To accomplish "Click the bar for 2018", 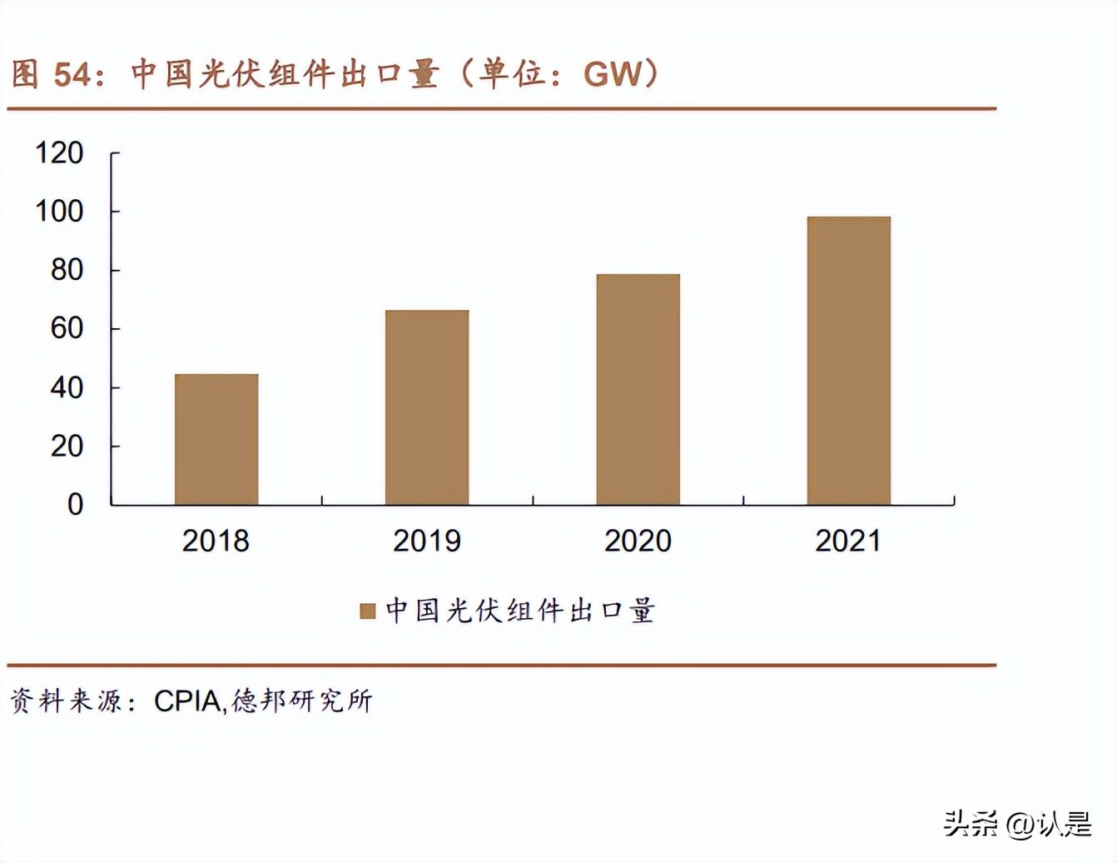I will [x=216, y=439].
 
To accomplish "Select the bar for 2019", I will [x=427, y=407].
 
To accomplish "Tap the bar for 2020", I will [x=638, y=389].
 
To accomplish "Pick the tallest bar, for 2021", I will [x=848, y=361].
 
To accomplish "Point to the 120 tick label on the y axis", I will [x=59, y=153].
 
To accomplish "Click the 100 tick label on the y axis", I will [x=59, y=212].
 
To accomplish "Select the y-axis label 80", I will [x=67, y=270].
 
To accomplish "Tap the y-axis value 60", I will [x=67, y=328].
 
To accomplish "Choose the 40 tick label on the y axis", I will [x=67, y=387].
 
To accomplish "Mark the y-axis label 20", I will [x=67, y=446].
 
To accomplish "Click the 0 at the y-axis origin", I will [x=75, y=504].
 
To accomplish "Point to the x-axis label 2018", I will [x=216, y=541].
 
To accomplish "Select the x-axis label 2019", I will [x=426, y=541].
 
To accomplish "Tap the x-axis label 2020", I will [x=638, y=541].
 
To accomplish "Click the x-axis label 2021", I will [x=847, y=541].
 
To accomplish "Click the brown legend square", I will [x=367, y=611].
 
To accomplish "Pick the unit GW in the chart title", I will [x=613, y=74].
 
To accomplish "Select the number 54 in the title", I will [x=72, y=75].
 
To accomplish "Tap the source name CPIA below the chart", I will [x=187, y=701].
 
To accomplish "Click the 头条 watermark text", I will [x=971, y=824].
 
